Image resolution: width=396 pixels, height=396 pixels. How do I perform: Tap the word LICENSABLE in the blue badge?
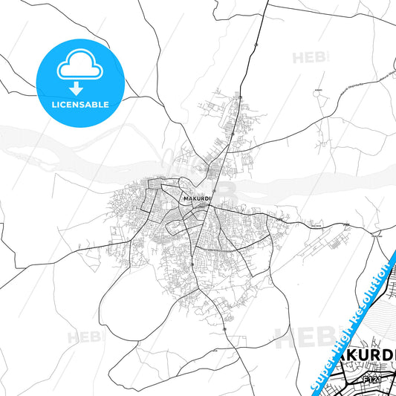(x=79, y=105)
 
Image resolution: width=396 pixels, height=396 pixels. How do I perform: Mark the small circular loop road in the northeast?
(x=321, y=137)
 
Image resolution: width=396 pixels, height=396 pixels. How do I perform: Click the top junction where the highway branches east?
(x=266, y=5)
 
